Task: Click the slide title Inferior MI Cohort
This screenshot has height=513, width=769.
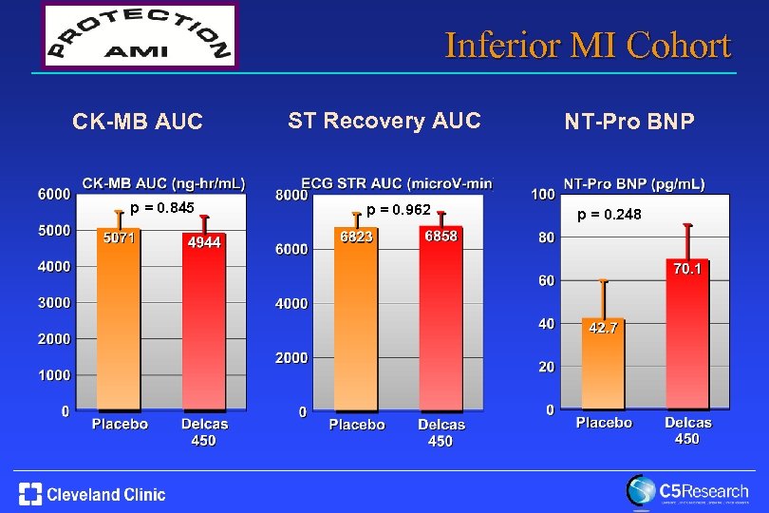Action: coord(588,45)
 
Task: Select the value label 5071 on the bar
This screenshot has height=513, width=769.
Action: coord(120,237)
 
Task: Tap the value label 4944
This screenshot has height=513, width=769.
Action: coord(204,243)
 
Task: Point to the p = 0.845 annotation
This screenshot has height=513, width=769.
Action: coord(162,208)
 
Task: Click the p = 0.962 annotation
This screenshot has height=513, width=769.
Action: coord(399,209)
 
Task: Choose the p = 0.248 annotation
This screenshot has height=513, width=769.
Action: coord(609,216)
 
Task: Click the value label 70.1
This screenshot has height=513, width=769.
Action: coord(688,270)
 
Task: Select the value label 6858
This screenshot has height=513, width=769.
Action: coord(441,236)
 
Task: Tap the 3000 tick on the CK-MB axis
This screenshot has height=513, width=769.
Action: coord(53,303)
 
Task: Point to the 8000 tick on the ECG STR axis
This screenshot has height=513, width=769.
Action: coord(291,195)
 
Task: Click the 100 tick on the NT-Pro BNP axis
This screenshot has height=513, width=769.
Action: coord(542,194)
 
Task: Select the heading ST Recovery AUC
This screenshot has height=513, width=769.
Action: coord(384,121)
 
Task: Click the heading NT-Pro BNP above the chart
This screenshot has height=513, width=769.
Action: coord(629,122)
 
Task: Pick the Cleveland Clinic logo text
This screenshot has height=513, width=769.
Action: coord(105,494)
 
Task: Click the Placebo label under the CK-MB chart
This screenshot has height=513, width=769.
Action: coord(120,424)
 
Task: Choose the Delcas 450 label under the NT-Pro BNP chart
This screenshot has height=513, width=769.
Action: coord(687,430)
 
